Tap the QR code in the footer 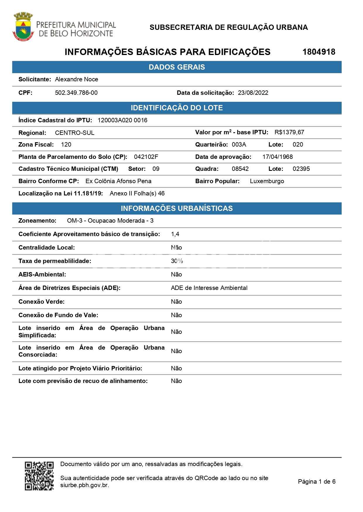(x=39, y=476)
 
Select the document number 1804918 (x=319, y=52)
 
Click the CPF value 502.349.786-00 (x=76, y=93)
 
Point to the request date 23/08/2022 (x=253, y=93)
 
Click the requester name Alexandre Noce (x=76, y=79)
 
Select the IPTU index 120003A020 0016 (x=122, y=120)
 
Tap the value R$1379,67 (x=289, y=132)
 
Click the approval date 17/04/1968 (x=277, y=157)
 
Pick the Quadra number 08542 (x=240, y=169)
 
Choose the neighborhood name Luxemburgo (x=267, y=181)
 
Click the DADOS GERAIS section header (x=177, y=67)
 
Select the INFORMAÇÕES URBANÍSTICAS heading (x=177, y=208)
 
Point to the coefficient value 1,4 (x=175, y=234)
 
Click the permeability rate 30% (x=177, y=261)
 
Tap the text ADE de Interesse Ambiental (x=209, y=288)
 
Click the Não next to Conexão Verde (x=176, y=302)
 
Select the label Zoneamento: (x=37, y=221)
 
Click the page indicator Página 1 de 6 (x=316, y=482)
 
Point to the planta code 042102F (x=146, y=157)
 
